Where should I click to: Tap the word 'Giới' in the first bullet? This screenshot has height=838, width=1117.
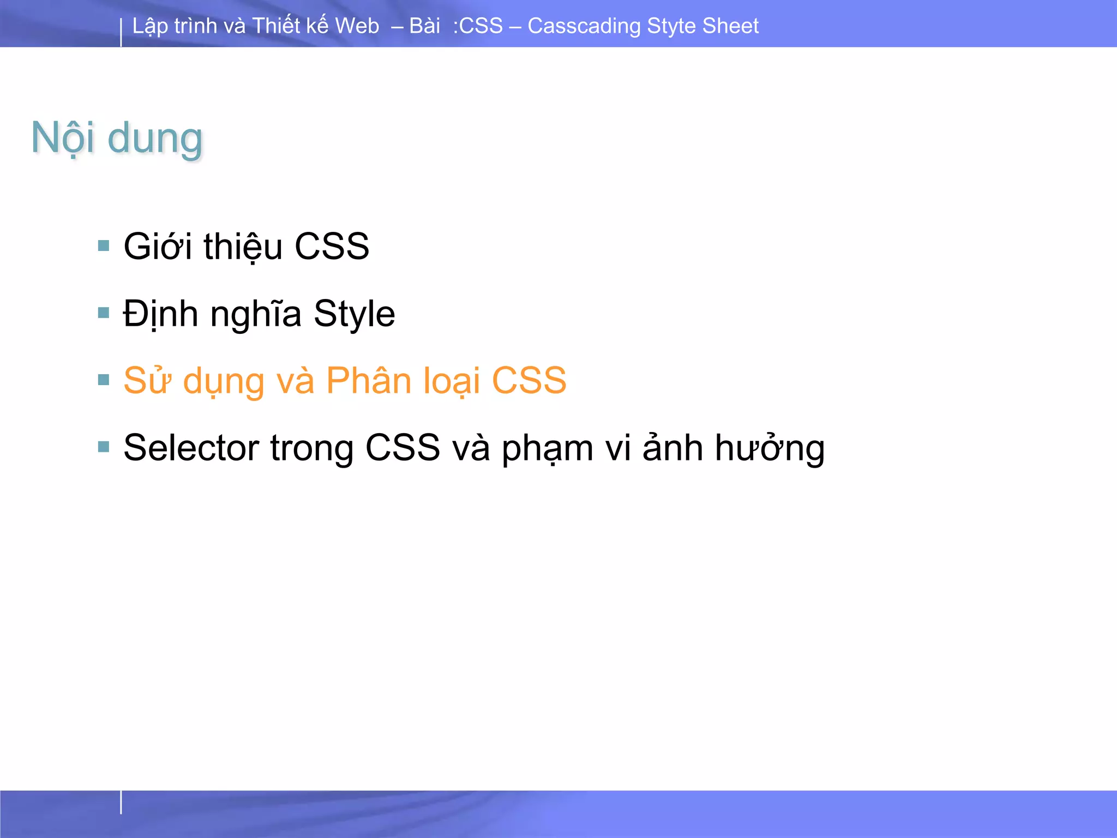(x=158, y=246)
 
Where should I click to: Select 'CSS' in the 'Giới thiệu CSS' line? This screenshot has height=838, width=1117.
(x=332, y=246)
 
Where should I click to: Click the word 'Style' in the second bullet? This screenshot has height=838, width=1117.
(x=354, y=314)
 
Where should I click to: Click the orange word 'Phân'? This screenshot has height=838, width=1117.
(x=368, y=380)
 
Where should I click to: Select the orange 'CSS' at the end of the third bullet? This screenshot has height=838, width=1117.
(x=529, y=380)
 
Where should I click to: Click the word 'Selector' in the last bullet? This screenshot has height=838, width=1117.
(x=191, y=448)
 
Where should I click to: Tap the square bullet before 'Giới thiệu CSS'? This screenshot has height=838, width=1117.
(x=104, y=246)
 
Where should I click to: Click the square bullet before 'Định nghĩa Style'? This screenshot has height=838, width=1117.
(x=104, y=313)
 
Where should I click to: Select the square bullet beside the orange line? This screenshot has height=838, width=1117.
(x=104, y=380)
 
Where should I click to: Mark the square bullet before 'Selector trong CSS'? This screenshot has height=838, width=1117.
(x=104, y=447)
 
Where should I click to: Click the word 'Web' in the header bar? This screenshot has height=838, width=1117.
(x=357, y=26)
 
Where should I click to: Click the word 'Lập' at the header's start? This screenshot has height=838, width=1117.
(x=149, y=26)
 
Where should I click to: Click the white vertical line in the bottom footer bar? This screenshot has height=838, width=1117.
(x=121, y=803)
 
